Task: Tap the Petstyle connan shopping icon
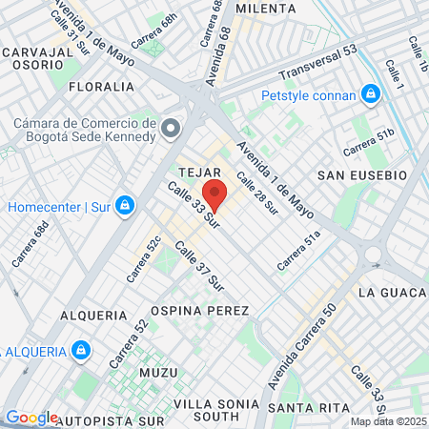[370, 94]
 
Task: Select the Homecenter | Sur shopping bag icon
[124, 205]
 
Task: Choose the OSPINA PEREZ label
[200, 311]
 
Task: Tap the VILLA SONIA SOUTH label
[210, 409]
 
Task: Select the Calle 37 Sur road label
[199, 266]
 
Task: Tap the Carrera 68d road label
[31, 245]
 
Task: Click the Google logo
[31, 418]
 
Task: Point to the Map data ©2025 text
[387, 421]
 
